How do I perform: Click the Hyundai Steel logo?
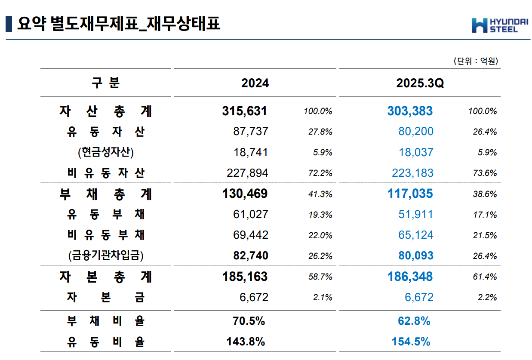[x=494, y=25]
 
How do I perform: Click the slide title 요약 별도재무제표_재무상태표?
[x=118, y=24]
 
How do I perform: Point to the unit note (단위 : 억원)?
[x=476, y=62]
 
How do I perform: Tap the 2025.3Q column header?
[x=419, y=83]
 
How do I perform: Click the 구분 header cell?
[x=106, y=83]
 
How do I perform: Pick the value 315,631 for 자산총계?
[x=245, y=111]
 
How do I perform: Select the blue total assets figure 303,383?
[x=410, y=111]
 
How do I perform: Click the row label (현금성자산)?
[x=106, y=152]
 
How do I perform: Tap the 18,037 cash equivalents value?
[x=416, y=152]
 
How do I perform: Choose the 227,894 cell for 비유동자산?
[x=247, y=173]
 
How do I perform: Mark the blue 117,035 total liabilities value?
[x=410, y=194]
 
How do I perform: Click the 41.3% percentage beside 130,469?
[x=320, y=194]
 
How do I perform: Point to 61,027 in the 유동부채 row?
[x=250, y=214]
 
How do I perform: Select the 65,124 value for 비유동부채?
[x=416, y=235]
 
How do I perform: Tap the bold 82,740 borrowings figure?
[x=250, y=255]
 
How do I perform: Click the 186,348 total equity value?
[x=410, y=276]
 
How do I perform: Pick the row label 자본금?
[x=106, y=297]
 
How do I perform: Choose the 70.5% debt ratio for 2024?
[x=246, y=321]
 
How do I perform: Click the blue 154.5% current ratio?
[x=411, y=342]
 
